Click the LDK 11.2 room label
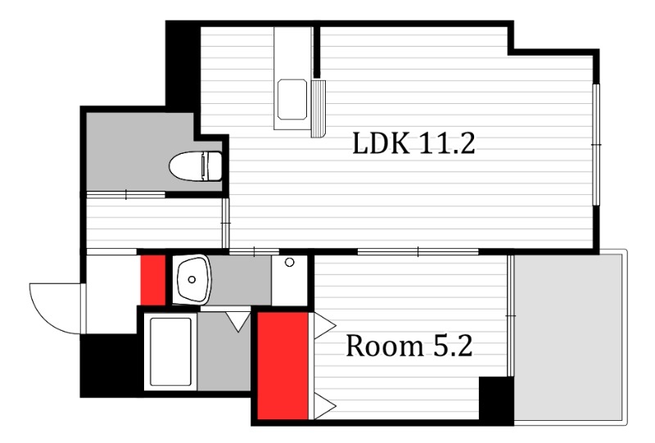click(413, 143)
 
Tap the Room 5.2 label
click(409, 346)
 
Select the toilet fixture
click(196, 166)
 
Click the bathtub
click(170, 352)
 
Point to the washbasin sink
click(192, 278)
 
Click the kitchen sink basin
click(292, 98)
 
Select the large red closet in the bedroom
click(282, 366)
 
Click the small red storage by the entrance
click(153, 279)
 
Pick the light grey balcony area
click(569, 337)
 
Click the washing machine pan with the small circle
click(289, 280)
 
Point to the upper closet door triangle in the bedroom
click(324, 326)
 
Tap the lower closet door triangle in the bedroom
click(324, 405)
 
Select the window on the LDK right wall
click(597, 145)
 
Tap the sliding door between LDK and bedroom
click(418, 251)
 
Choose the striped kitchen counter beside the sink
click(318, 109)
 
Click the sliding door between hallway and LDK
click(226, 224)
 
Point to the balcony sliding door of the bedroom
click(509, 315)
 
